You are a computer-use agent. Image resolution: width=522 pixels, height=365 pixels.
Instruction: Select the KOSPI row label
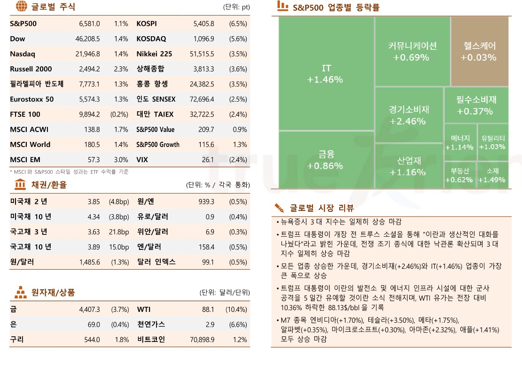pyautogui.click(x=147, y=23)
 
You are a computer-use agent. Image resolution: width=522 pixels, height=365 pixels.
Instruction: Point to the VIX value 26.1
pyautogui.click(x=208, y=160)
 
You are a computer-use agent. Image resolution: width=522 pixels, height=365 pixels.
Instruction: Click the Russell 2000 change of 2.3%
pyautogui.click(x=121, y=69)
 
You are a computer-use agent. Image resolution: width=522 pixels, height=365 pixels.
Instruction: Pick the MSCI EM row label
pyautogui.click(x=25, y=160)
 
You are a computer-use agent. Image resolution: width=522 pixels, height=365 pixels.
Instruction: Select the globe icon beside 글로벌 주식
pyautogui.click(x=21, y=7)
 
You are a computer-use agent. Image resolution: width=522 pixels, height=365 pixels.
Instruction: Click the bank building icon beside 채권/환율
pyautogui.click(x=21, y=184)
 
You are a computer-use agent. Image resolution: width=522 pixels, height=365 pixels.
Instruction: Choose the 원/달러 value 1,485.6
pyautogui.click(x=90, y=262)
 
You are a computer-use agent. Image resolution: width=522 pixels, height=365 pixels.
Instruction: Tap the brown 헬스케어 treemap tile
pyautogui.click(x=479, y=52)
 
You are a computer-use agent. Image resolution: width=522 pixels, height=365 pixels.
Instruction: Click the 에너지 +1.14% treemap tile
pyautogui.click(x=460, y=142)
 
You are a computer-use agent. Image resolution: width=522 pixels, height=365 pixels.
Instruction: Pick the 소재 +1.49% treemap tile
pyautogui.click(x=492, y=175)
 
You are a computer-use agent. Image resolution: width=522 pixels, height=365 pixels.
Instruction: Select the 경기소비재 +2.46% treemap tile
pyautogui.click(x=409, y=115)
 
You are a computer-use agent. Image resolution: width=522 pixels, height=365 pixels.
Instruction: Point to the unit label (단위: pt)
pyautogui.click(x=236, y=8)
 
